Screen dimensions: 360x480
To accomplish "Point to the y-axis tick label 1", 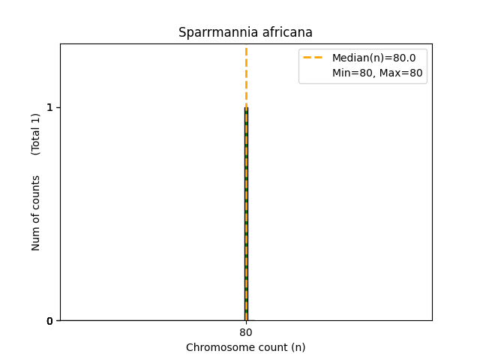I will point(49,107).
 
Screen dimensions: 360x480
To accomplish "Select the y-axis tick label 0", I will point(49,321).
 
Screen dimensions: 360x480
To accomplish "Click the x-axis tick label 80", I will point(246,333).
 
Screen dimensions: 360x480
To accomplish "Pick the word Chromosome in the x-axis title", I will point(213,347).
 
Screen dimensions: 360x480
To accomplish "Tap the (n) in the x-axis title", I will point(298,347).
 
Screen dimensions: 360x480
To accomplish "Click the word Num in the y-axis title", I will point(36,238).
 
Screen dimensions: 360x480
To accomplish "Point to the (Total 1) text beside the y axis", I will point(36,134).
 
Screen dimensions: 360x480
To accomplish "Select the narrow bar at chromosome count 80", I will point(246,225).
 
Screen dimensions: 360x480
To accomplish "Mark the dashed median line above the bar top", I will point(246,75).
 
